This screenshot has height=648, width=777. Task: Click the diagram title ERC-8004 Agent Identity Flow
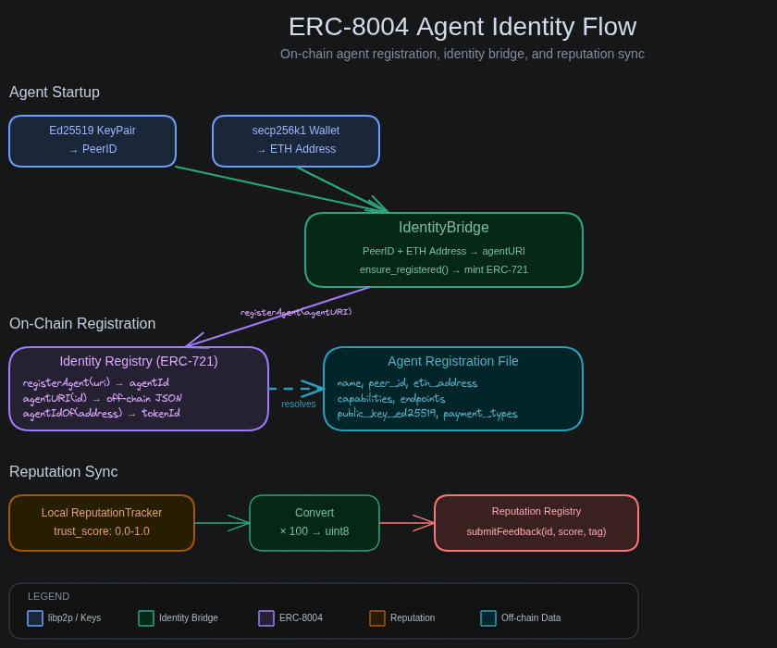tap(462, 27)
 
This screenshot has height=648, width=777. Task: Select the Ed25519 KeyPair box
tap(92, 141)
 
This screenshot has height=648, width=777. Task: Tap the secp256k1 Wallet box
tap(296, 141)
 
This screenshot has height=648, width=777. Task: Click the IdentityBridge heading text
tap(444, 228)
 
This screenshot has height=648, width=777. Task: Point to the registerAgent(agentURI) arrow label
tap(296, 312)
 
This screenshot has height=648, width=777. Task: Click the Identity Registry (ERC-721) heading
tap(139, 361)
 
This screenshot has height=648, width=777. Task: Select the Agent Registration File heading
tap(453, 361)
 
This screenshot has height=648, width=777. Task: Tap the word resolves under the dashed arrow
tap(299, 404)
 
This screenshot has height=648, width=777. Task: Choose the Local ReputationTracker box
tap(102, 523)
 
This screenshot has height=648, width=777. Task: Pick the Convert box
tap(314, 523)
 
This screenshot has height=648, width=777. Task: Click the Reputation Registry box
tap(536, 523)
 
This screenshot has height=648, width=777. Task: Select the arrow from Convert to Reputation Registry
tap(407, 523)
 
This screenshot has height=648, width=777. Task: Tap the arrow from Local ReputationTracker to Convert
tap(222, 523)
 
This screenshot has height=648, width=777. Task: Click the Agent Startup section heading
tap(55, 93)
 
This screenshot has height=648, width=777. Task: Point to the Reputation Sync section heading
tap(64, 472)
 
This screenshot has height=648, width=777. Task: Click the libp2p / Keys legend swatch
tap(35, 618)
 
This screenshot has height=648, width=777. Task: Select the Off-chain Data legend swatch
tap(488, 618)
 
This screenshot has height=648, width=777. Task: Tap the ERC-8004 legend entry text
tap(301, 618)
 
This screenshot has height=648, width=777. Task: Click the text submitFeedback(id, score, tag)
tap(536, 531)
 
